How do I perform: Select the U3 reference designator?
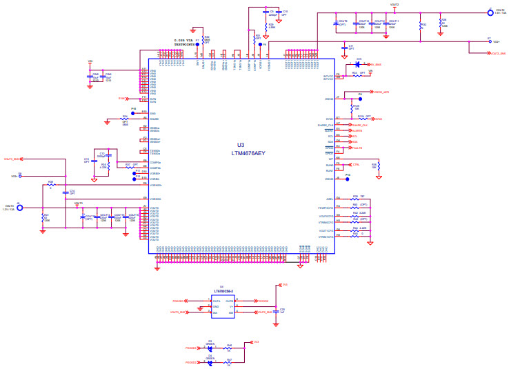click(x=241, y=145)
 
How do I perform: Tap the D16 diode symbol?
click(x=357, y=64)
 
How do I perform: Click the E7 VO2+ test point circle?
click(x=489, y=41)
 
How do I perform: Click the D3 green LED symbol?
click(x=210, y=348)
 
